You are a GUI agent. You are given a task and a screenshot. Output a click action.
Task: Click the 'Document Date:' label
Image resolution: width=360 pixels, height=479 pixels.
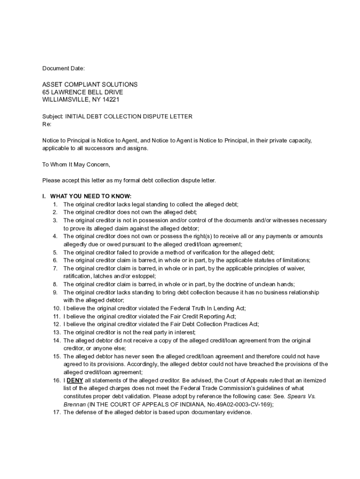click(x=64, y=69)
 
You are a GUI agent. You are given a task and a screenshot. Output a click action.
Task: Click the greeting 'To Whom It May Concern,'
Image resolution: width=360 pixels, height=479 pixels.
click(x=76, y=164)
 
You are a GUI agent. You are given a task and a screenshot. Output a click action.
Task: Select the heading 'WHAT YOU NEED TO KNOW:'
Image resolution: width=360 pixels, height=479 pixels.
click(x=91, y=196)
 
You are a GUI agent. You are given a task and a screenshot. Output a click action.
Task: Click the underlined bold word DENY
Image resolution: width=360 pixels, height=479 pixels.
click(x=75, y=380)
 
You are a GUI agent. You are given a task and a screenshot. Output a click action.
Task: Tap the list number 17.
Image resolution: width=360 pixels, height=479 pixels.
click(x=57, y=412)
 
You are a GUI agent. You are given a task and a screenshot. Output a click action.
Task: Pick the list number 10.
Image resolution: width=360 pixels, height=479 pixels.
click(x=57, y=308)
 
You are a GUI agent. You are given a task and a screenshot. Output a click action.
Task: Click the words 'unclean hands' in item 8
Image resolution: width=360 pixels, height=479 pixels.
click(x=276, y=284)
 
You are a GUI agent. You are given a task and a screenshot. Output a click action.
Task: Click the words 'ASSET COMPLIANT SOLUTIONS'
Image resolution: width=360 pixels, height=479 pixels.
click(x=90, y=85)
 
